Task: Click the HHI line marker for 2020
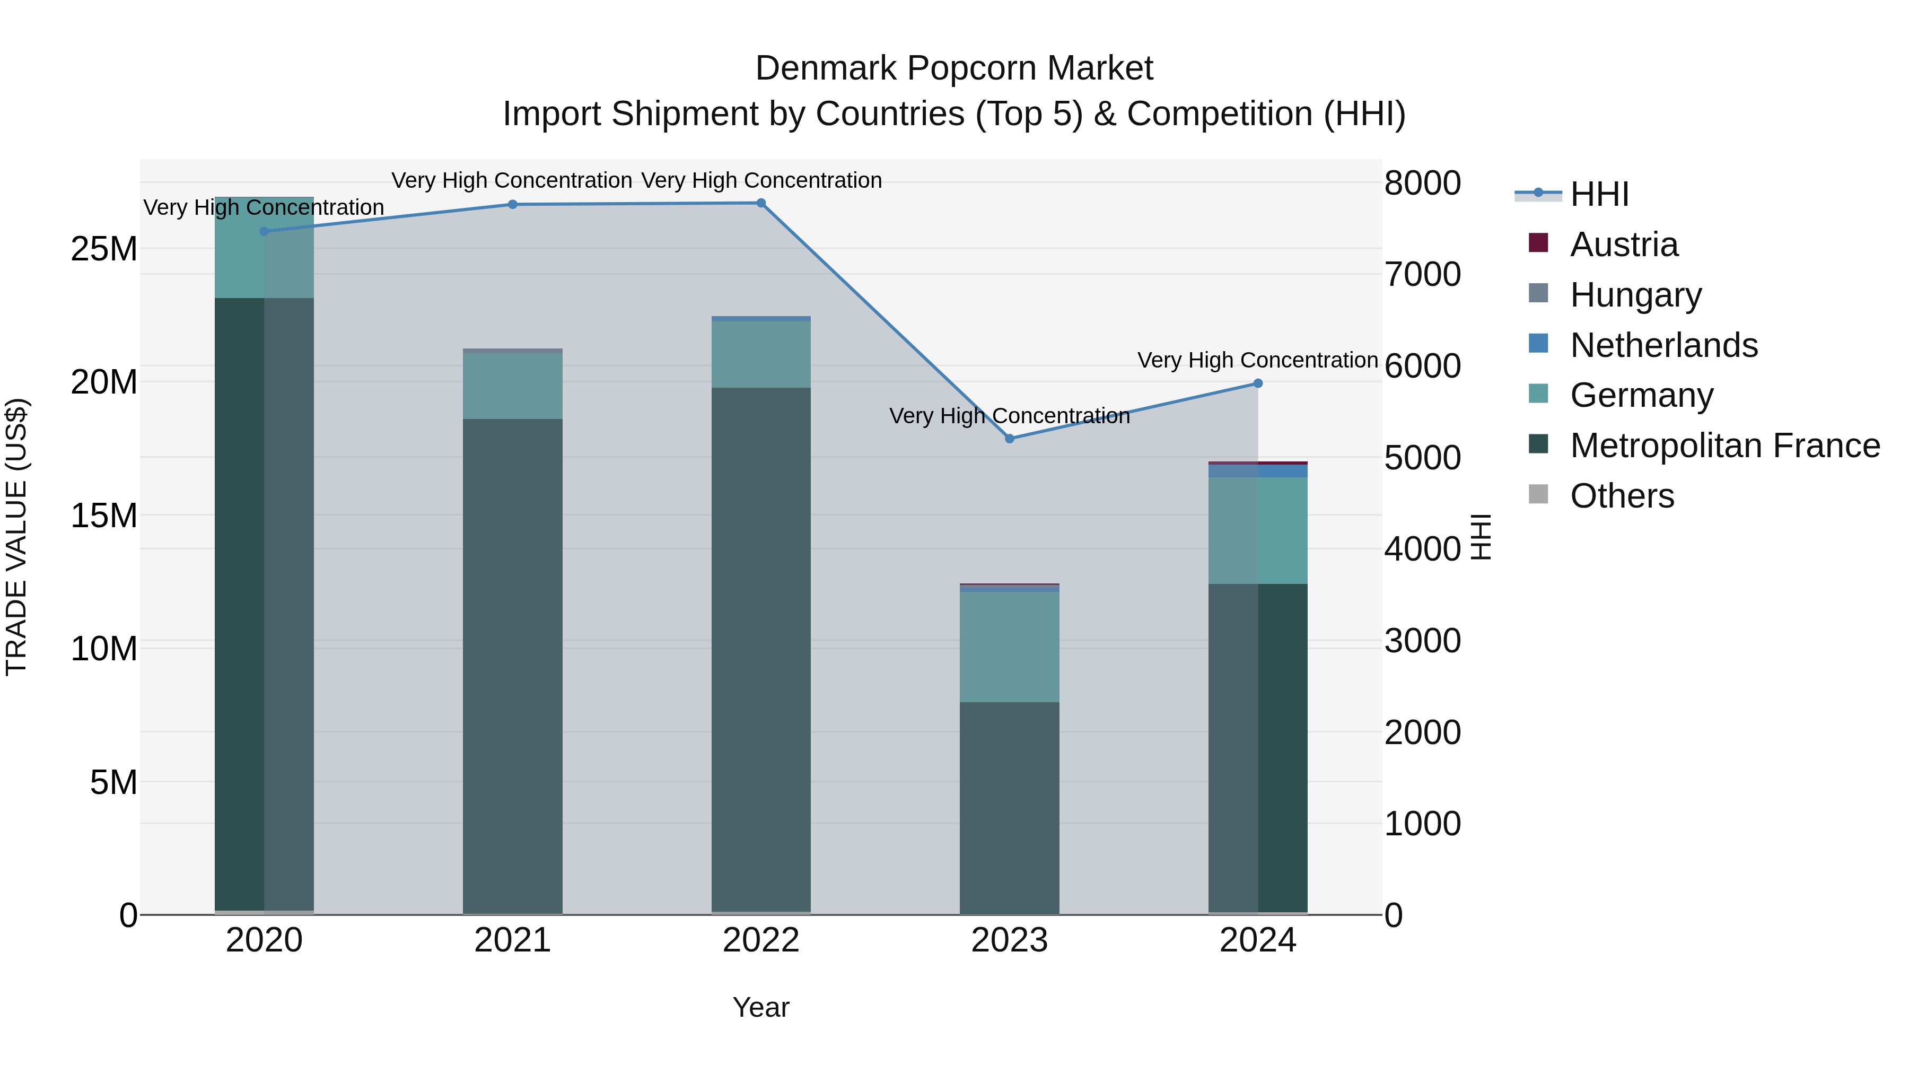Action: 264,231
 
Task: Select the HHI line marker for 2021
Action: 512,205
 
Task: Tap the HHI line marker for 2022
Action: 761,203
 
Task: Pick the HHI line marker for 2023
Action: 1009,439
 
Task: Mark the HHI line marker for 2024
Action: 1258,383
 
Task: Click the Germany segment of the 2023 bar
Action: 1009,647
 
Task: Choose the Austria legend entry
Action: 1623,245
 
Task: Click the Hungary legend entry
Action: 1635,295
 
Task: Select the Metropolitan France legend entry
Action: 1724,446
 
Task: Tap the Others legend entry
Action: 1622,496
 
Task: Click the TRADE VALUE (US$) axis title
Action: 16,537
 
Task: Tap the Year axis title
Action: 761,1007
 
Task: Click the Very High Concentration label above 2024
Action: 1258,360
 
